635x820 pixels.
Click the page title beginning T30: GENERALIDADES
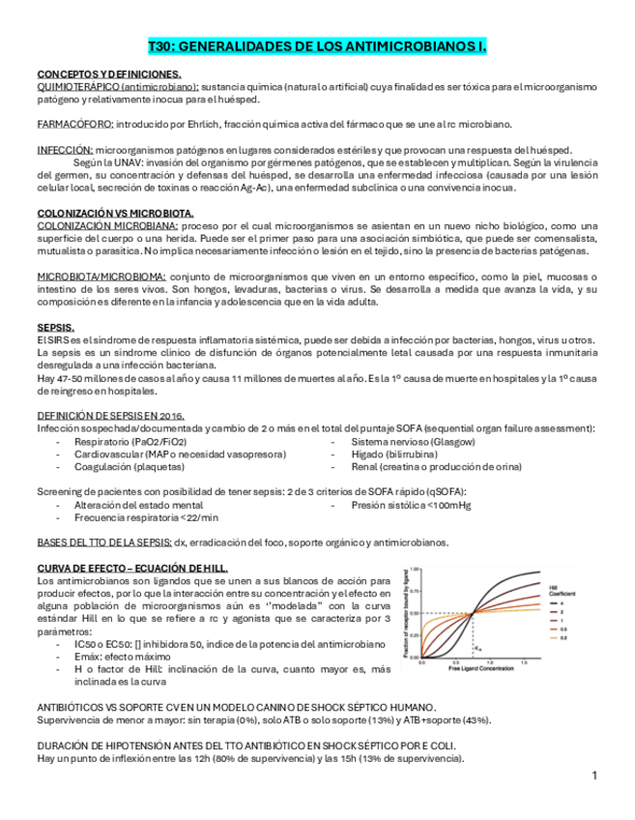(x=317, y=46)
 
